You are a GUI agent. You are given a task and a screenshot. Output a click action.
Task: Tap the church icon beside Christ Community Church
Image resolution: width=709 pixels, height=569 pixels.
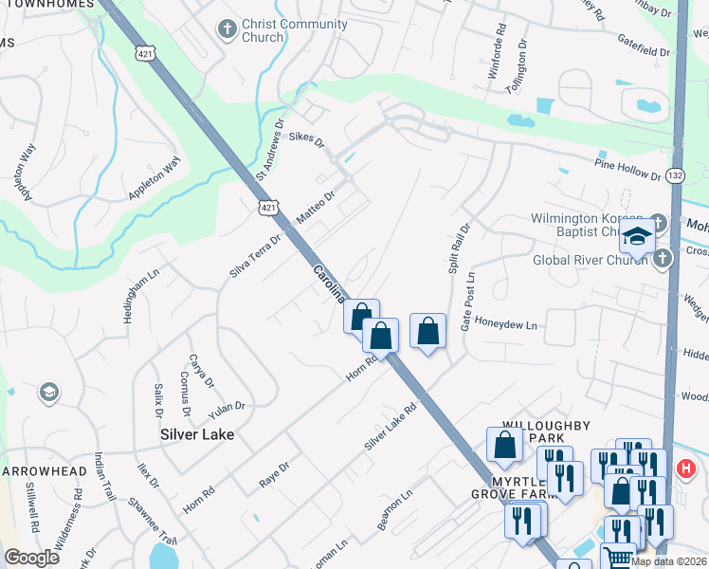point(227,29)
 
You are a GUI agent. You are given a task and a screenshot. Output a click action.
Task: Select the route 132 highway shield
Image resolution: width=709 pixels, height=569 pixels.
point(675,175)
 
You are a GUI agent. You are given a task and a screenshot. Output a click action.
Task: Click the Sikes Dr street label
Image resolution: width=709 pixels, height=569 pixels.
point(306,140)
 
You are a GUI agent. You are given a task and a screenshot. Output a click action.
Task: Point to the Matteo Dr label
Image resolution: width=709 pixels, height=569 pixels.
point(316,207)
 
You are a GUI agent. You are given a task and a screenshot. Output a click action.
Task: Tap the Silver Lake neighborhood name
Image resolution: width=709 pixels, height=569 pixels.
point(196,434)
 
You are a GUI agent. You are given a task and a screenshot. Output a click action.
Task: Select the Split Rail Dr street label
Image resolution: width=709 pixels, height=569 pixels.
point(458,248)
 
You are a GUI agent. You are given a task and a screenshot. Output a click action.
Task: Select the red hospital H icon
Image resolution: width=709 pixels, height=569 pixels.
point(686,468)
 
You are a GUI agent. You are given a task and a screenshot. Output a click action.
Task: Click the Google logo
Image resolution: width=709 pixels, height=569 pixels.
point(31,557)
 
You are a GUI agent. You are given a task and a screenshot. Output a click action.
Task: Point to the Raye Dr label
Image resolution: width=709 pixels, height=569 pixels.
point(274,476)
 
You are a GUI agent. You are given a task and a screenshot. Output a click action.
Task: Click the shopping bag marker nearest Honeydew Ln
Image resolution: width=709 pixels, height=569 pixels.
point(428,332)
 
